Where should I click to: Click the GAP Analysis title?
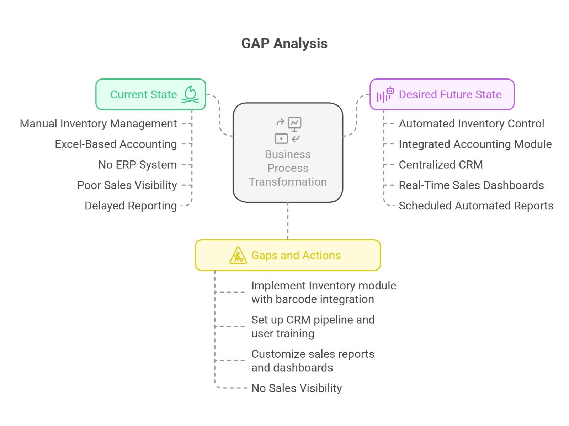pyautogui.click(x=284, y=44)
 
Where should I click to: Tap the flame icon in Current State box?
pyautogui.click(x=190, y=94)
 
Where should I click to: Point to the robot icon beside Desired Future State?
pyautogui.click(x=390, y=91)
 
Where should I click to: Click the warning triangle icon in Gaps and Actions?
pyautogui.click(x=238, y=256)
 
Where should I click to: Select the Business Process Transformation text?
pyautogui.click(x=288, y=168)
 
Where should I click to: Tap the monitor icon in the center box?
pyautogui.click(x=294, y=124)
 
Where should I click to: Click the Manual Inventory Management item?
pyautogui.click(x=98, y=124)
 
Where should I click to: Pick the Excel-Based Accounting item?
pyautogui.click(x=116, y=144)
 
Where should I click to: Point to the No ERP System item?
pyautogui.click(x=137, y=165)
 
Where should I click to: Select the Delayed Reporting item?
pyautogui.click(x=131, y=206)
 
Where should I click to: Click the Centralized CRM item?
pyautogui.click(x=441, y=165)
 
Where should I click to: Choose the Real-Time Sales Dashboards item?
pyautogui.click(x=471, y=185)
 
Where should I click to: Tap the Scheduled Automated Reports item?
pyautogui.click(x=476, y=206)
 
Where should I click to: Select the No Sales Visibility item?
pyautogui.click(x=297, y=388)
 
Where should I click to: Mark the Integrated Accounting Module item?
pyautogui.click(x=475, y=144)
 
